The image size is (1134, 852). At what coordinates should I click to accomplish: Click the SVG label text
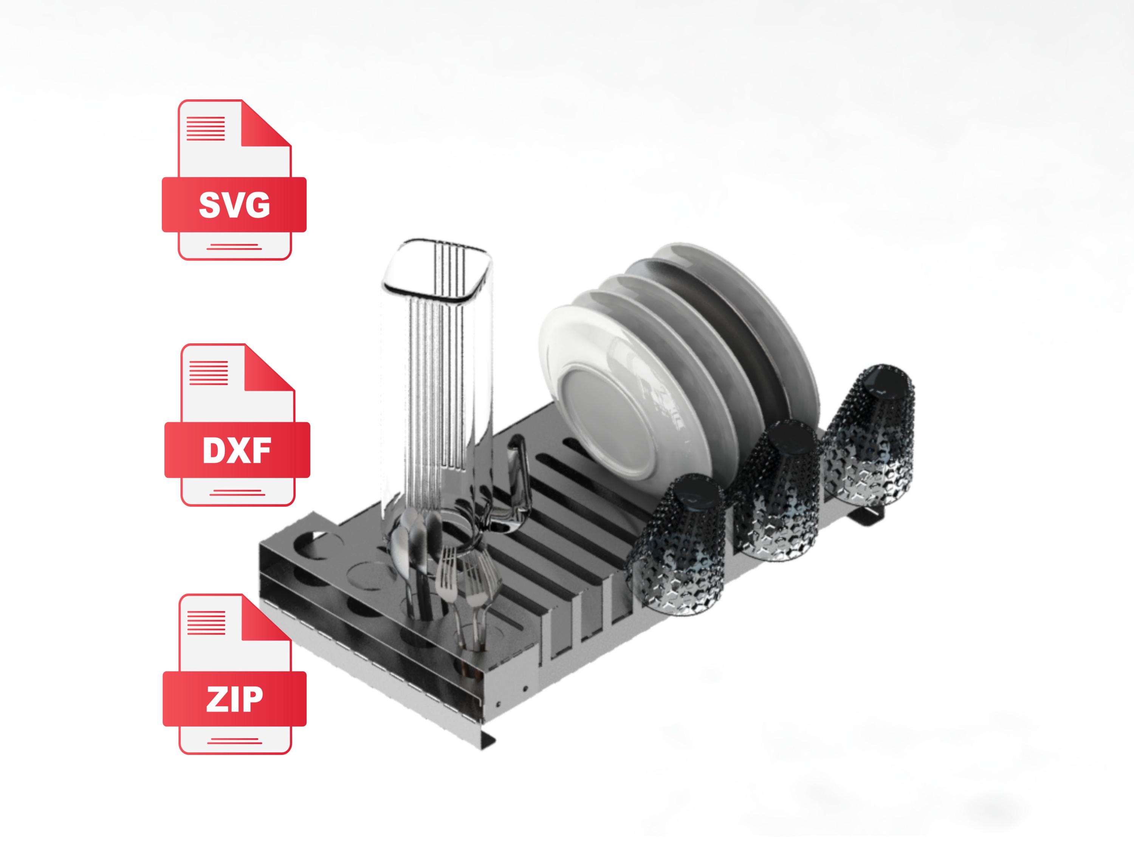click(234, 205)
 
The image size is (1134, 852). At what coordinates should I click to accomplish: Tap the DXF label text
click(237, 450)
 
